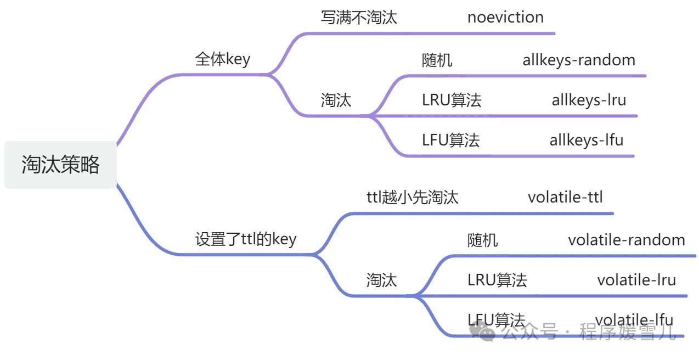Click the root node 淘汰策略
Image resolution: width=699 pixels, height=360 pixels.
click(60, 165)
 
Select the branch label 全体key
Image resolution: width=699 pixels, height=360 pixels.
click(222, 59)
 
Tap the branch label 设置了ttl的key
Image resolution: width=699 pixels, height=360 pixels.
click(245, 239)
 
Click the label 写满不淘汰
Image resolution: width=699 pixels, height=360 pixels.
click(358, 18)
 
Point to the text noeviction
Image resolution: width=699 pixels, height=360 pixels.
click(505, 18)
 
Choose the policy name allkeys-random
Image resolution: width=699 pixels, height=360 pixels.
click(578, 60)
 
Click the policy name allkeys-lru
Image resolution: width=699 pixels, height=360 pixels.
click(589, 100)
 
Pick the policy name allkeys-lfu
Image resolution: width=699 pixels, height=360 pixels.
click(587, 140)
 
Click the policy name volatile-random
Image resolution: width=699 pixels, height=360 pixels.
click(626, 240)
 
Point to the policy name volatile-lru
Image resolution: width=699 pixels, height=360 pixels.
click(636, 280)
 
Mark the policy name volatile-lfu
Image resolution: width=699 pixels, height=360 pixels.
click(634, 320)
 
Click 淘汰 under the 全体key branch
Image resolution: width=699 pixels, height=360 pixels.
click(336, 100)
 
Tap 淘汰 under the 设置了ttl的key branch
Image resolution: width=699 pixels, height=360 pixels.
click(381, 280)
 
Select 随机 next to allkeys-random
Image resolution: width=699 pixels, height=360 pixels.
click(437, 60)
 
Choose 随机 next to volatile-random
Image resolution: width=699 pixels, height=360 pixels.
click(483, 240)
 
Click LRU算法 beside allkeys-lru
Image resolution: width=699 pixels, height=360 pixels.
click(452, 100)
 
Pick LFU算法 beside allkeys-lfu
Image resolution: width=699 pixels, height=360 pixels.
click(451, 140)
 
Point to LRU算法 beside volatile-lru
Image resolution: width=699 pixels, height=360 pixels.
click(497, 280)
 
